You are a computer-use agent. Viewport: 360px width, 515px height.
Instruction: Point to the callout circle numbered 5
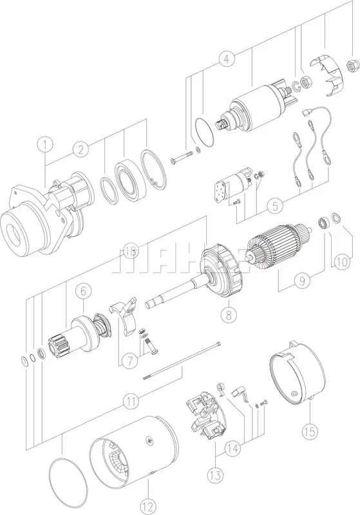(275, 207)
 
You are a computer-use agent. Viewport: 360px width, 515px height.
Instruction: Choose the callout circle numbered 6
(83, 292)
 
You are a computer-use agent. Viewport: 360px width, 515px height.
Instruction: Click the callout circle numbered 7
(129, 357)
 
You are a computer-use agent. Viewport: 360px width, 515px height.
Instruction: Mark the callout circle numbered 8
(226, 315)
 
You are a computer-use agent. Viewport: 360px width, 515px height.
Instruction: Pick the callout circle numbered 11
(131, 401)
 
